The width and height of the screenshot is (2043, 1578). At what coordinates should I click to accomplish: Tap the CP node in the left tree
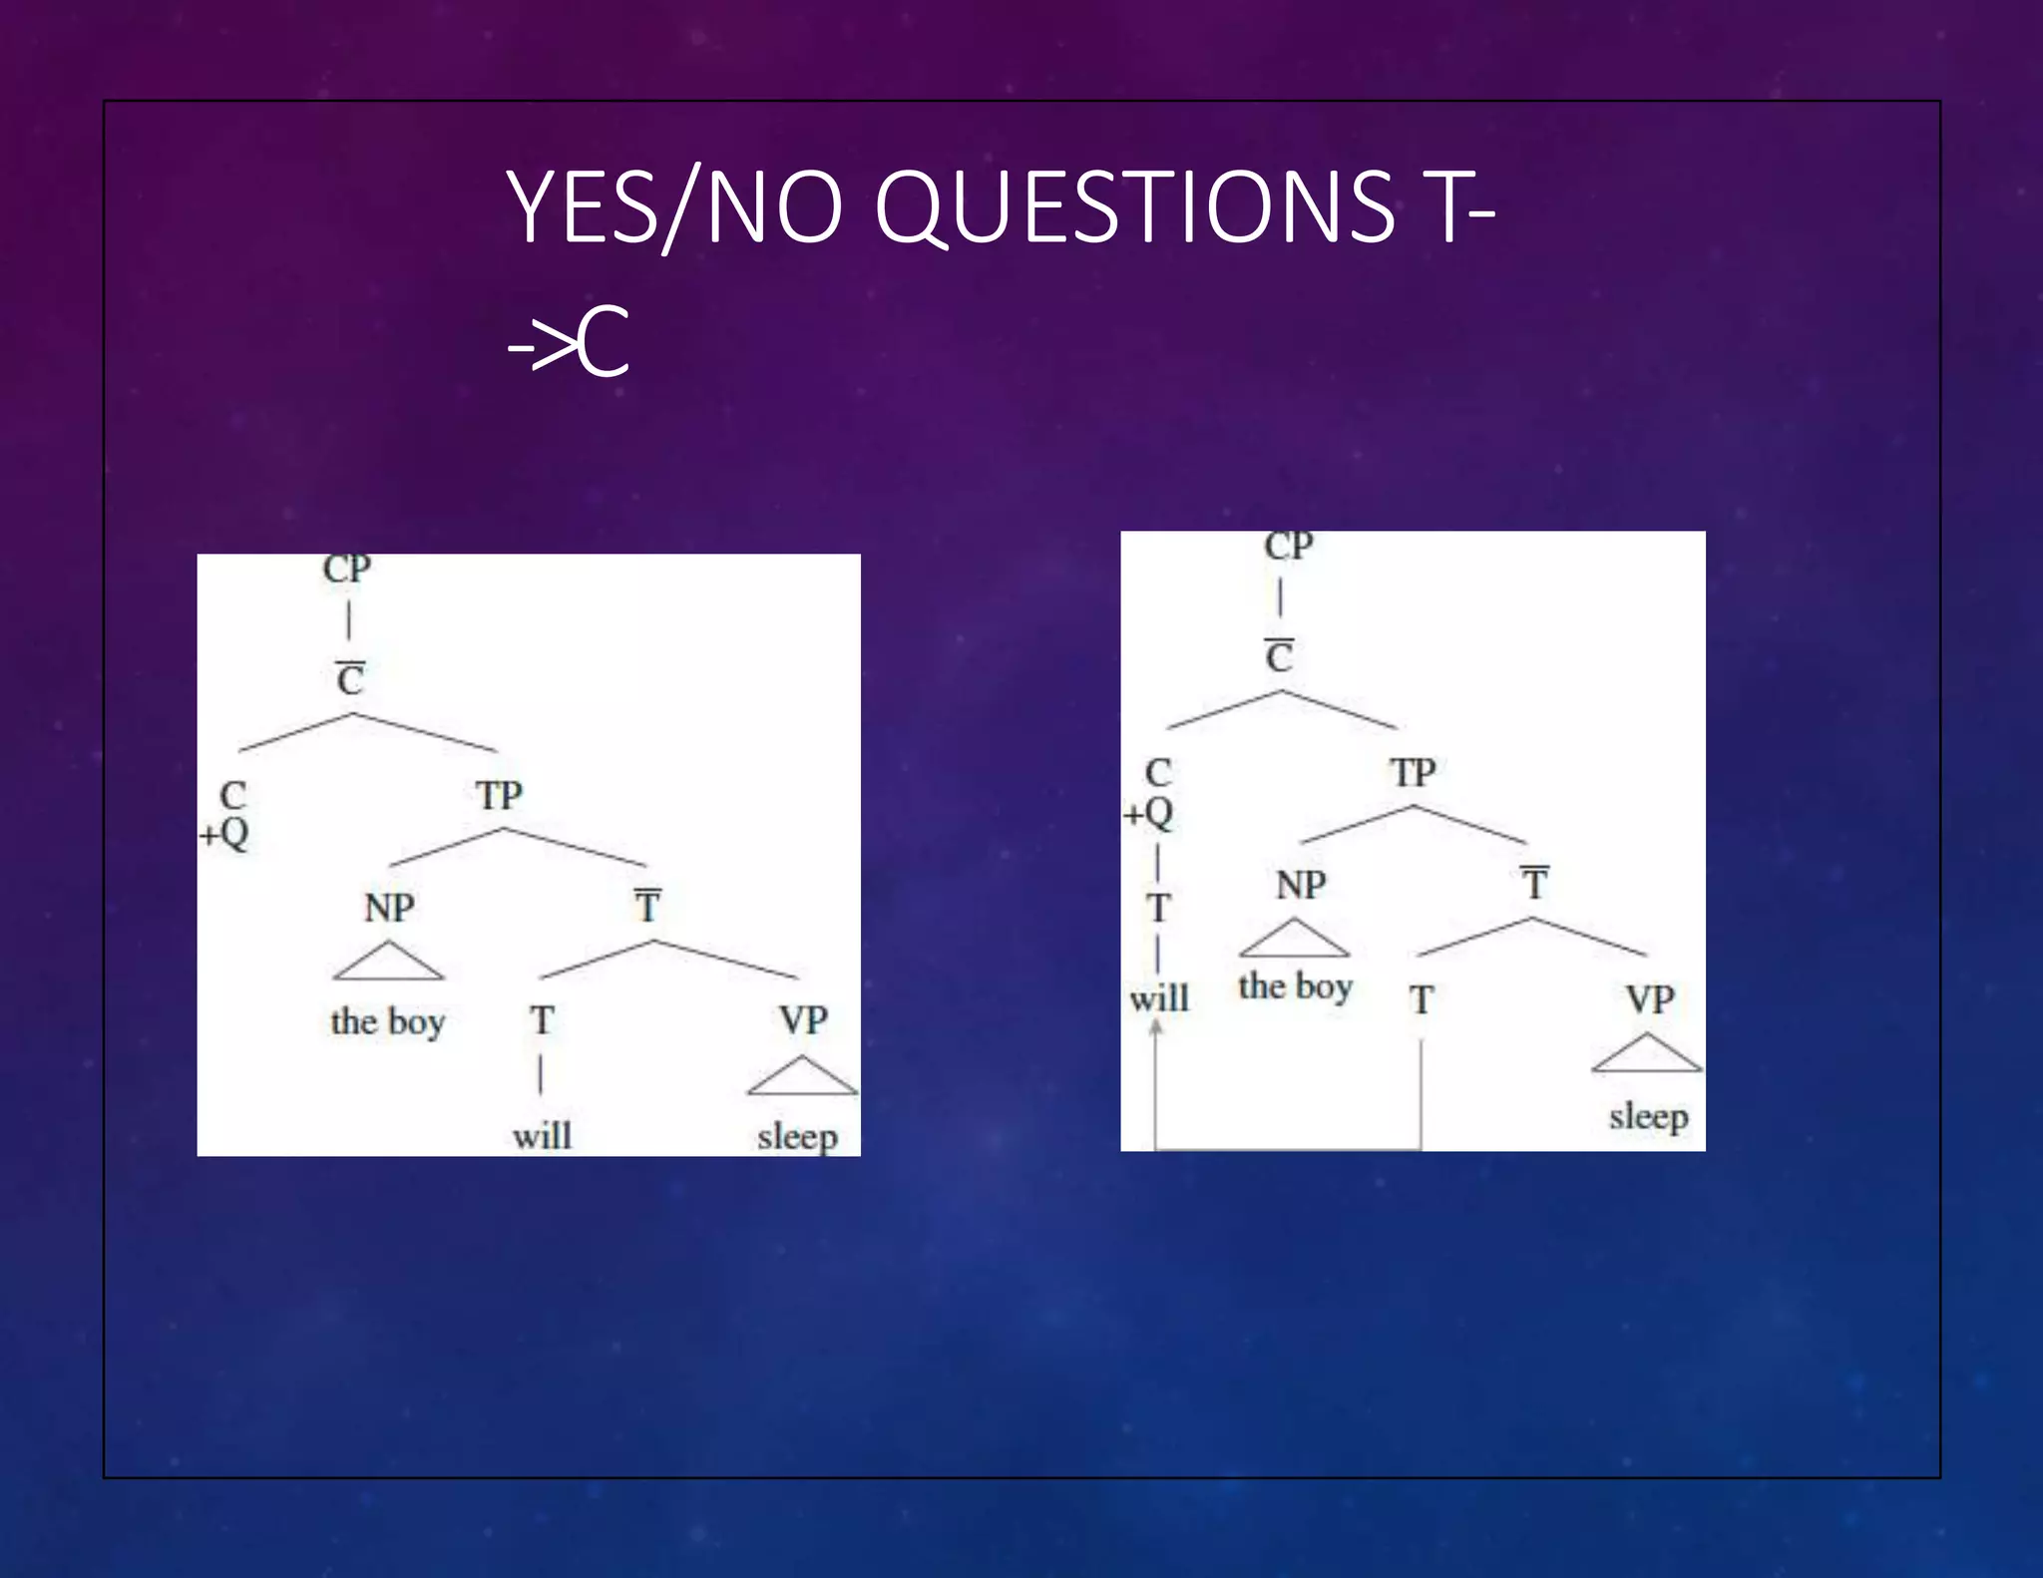[x=347, y=570]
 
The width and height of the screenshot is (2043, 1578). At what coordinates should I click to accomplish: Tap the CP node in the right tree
[x=1288, y=547]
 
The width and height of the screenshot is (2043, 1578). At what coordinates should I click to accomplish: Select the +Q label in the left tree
[x=224, y=833]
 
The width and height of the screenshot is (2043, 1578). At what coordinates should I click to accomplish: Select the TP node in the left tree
[x=499, y=796]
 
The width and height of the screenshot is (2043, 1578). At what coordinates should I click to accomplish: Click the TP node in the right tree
[x=1413, y=773]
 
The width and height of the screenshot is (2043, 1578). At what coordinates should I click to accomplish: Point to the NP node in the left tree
[x=389, y=909]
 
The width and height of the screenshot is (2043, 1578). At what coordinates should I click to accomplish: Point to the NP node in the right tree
[x=1301, y=886]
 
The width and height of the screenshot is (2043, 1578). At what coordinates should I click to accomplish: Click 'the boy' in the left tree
[x=388, y=1021]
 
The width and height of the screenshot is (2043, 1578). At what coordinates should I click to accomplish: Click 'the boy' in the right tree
[x=1295, y=986]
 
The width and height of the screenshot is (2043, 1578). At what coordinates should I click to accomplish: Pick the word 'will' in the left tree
[x=542, y=1136]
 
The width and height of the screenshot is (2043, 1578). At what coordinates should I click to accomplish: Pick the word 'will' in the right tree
[x=1159, y=997]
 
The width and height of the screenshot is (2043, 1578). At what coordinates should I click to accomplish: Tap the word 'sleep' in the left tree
[x=797, y=1136]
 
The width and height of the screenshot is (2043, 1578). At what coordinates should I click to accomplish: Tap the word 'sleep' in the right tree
[x=1648, y=1116]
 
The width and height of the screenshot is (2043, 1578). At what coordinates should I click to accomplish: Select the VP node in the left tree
[x=803, y=1020]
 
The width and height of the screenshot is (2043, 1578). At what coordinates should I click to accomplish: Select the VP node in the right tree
[x=1649, y=999]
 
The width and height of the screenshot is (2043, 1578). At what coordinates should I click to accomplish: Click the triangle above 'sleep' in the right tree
[x=1647, y=1055]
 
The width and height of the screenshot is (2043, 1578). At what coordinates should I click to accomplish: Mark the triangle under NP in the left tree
[x=388, y=964]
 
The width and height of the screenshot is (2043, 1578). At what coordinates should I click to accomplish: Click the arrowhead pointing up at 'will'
[x=1156, y=1028]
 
